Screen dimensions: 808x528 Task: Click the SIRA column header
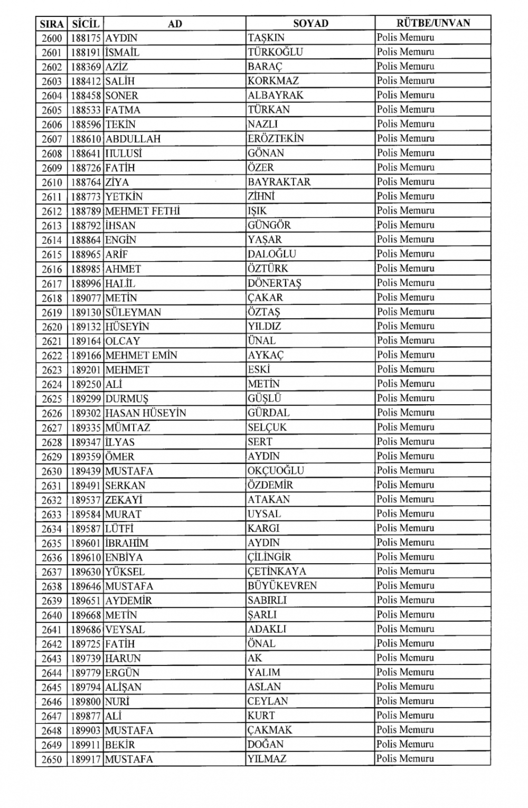(51, 24)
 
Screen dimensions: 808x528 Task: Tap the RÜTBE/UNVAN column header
(433, 23)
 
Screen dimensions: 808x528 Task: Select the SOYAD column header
(310, 23)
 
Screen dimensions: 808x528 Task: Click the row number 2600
(52, 38)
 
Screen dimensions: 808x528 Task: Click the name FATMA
(123, 110)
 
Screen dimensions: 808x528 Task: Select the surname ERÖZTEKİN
(276, 139)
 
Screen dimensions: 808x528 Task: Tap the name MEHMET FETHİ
(143, 211)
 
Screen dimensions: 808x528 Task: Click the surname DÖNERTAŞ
(274, 283)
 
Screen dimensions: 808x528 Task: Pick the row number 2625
(52, 399)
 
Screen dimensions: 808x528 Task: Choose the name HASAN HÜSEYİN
(146, 413)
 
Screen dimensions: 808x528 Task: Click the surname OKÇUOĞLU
(276, 471)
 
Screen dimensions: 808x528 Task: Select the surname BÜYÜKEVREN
(282, 586)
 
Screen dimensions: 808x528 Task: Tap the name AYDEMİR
(128, 601)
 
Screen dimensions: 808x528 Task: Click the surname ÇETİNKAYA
(277, 572)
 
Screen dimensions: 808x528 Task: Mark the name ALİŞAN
(123, 687)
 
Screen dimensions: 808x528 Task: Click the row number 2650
(52, 760)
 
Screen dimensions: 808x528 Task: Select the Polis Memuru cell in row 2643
(406, 658)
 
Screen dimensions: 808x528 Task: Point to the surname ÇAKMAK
(270, 730)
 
